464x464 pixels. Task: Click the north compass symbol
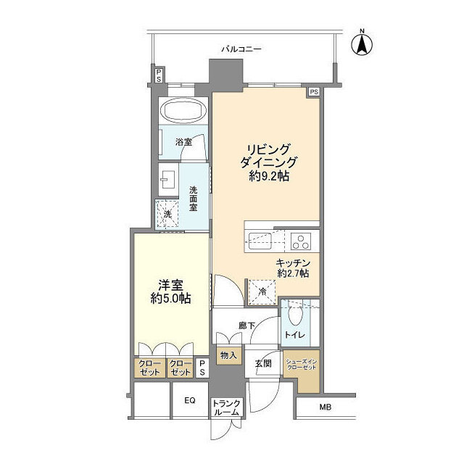(x=362, y=44)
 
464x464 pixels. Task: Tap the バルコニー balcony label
(x=241, y=49)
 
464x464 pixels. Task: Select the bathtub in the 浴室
(x=183, y=111)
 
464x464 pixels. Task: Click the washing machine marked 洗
(x=167, y=215)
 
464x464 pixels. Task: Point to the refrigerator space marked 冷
(x=262, y=291)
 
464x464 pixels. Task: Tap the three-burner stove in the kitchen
(x=301, y=241)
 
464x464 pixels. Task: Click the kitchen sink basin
(x=260, y=241)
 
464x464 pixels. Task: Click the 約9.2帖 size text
(x=269, y=177)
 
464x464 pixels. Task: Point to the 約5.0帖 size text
(x=170, y=299)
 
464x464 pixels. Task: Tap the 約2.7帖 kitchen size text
(x=293, y=273)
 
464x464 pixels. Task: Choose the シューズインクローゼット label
(x=302, y=365)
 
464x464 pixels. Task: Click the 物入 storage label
(x=229, y=355)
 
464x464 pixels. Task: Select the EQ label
(x=190, y=400)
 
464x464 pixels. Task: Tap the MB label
(x=326, y=407)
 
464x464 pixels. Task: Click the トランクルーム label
(x=226, y=407)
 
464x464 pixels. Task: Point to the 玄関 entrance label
(x=262, y=363)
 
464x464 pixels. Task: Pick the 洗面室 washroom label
(x=194, y=199)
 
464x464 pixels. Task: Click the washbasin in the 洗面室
(x=168, y=180)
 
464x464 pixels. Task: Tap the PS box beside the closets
(x=202, y=368)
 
